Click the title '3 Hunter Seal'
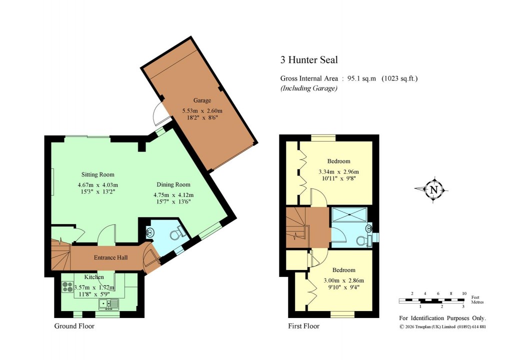(x=308, y=60)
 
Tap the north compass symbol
(x=433, y=189)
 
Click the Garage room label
(x=202, y=100)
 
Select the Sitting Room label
(x=98, y=174)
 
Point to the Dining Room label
(x=173, y=184)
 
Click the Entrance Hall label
(x=111, y=257)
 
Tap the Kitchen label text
(x=94, y=277)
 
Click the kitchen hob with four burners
(x=67, y=287)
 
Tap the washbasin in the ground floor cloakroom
(x=150, y=232)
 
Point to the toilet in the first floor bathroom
(x=362, y=240)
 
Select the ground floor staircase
(x=60, y=257)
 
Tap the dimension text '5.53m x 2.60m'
(x=202, y=111)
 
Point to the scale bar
(x=431, y=300)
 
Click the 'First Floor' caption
(x=303, y=326)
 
